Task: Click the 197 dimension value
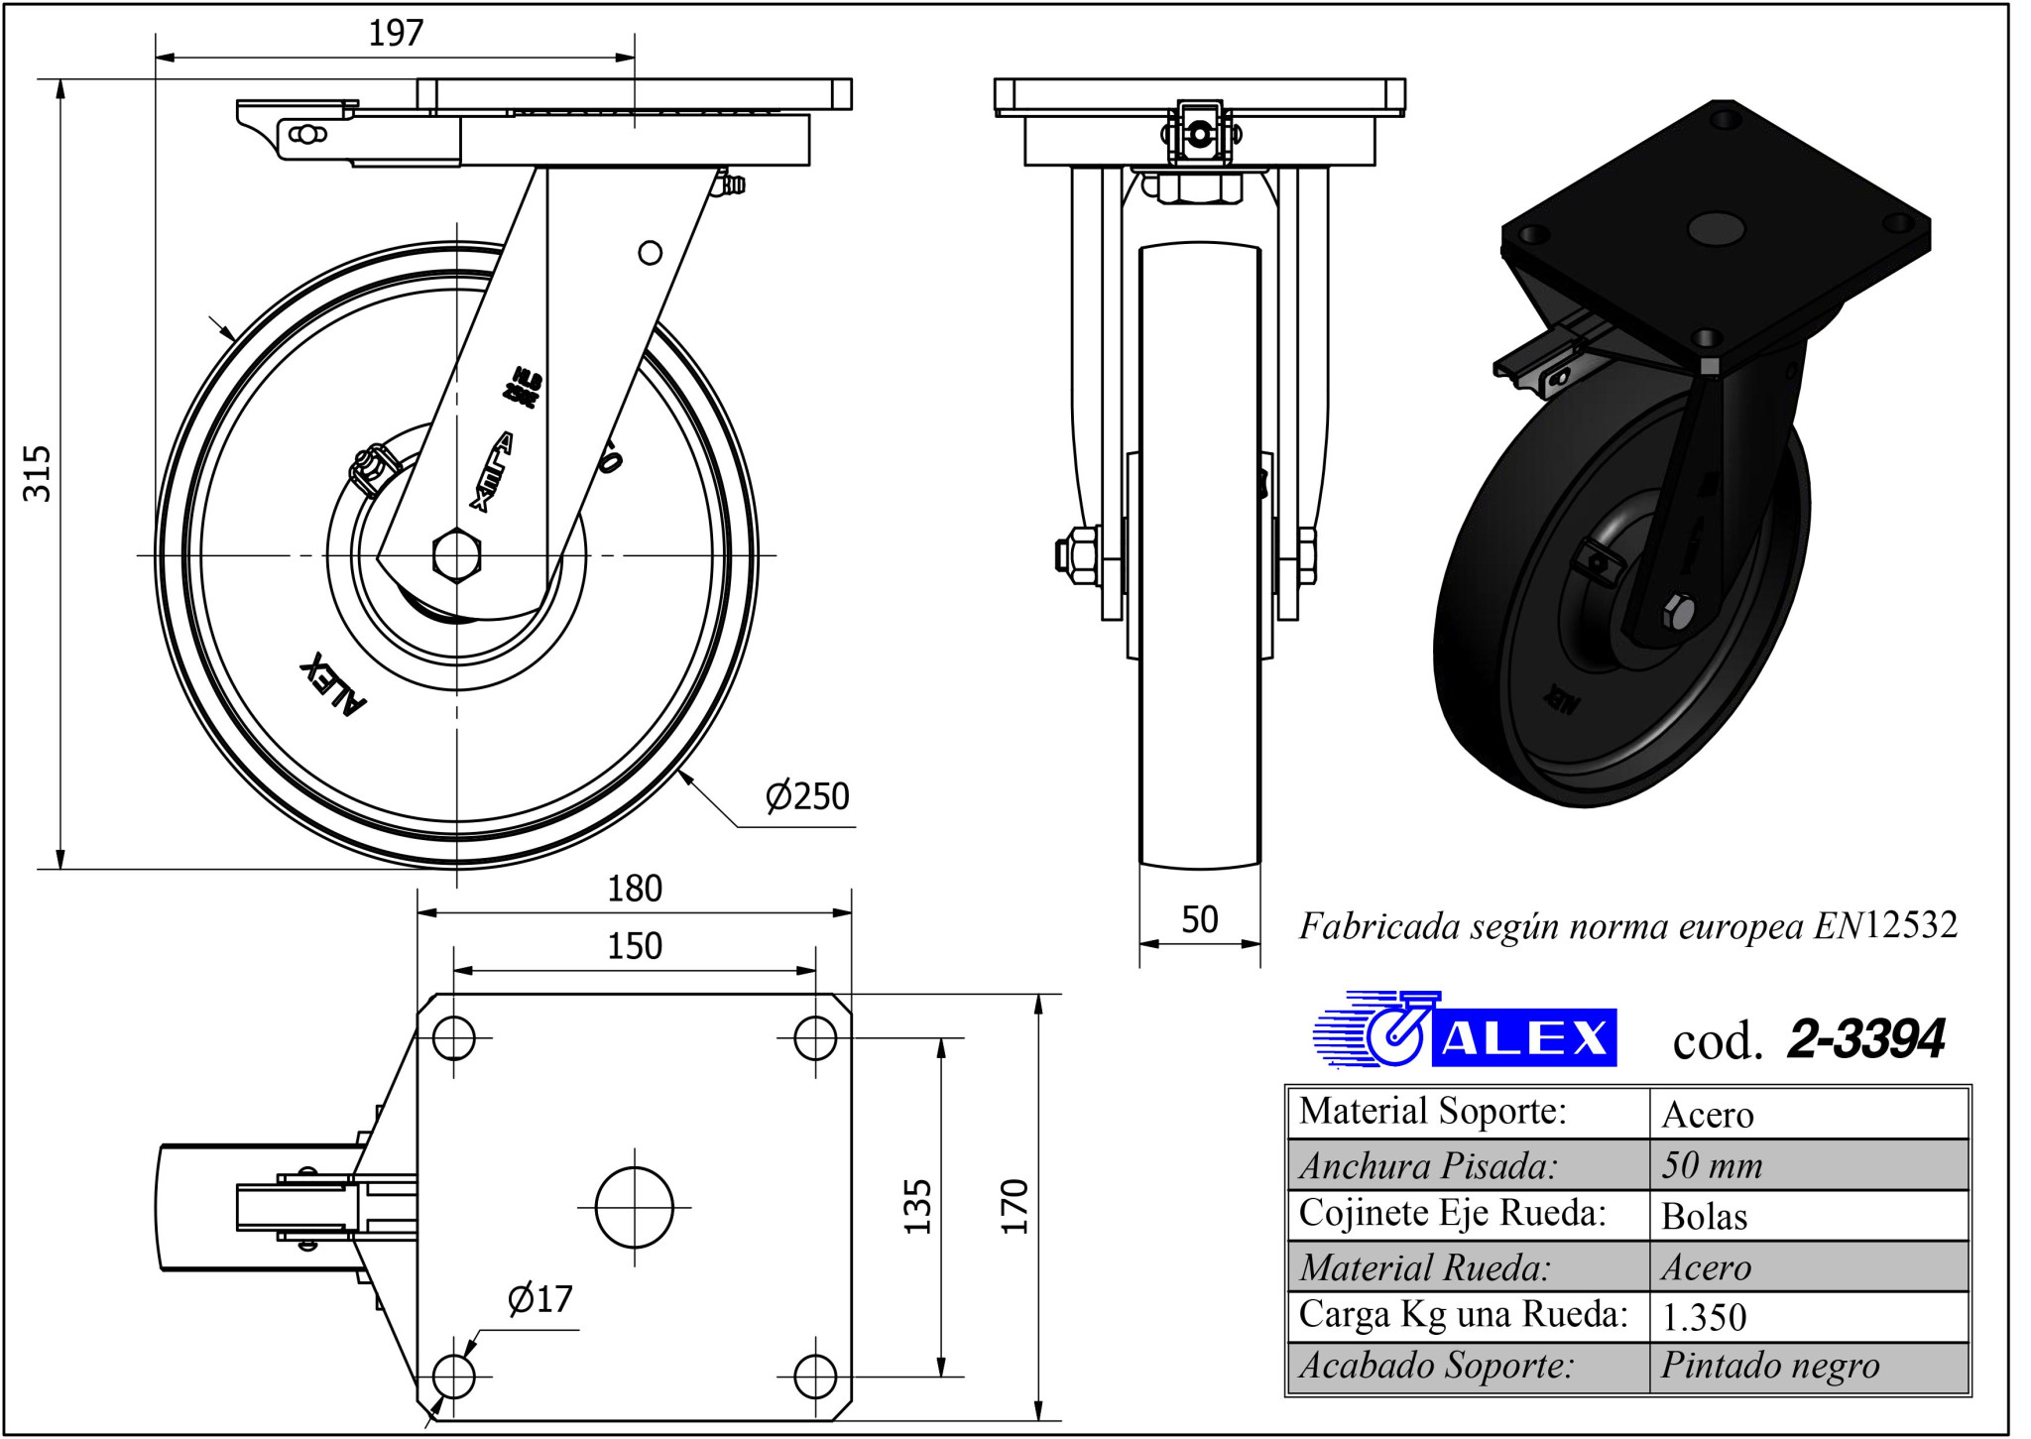tap(396, 34)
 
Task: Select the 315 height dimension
tap(37, 473)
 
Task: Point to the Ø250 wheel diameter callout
tap(807, 796)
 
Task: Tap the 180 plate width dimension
tap(635, 889)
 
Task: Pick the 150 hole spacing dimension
tap(635, 946)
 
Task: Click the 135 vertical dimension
tap(918, 1206)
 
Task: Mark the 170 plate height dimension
tap(1015, 1206)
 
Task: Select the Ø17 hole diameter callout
tap(539, 1299)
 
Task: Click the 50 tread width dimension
tap(1200, 920)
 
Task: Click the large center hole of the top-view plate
tap(635, 1207)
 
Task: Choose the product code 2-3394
tap(1865, 1039)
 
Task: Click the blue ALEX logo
tap(1466, 1030)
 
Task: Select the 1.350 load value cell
tap(1705, 1317)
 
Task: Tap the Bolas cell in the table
tap(1705, 1216)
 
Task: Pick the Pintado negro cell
tap(1770, 1367)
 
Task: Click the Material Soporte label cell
tap(1433, 1112)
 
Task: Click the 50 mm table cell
tap(1713, 1165)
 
